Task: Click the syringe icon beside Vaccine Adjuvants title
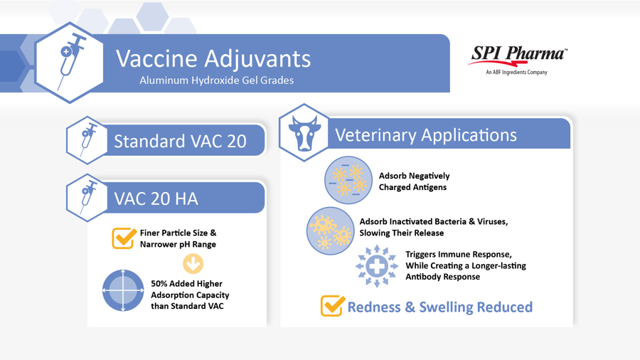click(70, 61)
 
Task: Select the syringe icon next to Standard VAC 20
click(87, 139)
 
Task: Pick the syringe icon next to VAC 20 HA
click(87, 198)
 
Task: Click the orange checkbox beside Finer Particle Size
click(124, 238)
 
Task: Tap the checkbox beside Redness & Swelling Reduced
click(333, 306)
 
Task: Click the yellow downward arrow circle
click(193, 264)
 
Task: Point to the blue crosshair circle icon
click(123, 290)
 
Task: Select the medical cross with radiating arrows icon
click(377, 266)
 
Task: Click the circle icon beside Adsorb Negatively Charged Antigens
click(348, 180)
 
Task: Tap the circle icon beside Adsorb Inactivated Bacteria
click(330, 231)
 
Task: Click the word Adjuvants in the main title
click(257, 58)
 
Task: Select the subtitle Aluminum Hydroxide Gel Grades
click(217, 80)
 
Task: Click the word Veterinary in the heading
click(375, 135)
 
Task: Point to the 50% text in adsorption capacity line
click(159, 284)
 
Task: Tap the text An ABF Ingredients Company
click(516, 73)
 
